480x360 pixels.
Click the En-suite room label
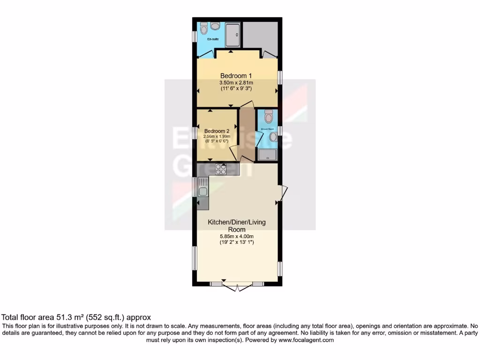coord(214,39)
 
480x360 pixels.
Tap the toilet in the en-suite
coord(203,30)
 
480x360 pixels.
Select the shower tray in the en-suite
coord(233,35)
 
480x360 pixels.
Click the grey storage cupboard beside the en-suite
coord(261,36)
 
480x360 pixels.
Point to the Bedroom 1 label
coord(237,75)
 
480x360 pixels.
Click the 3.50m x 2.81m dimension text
coord(236,83)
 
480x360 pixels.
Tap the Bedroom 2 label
coord(217,131)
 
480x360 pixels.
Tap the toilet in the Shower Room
coord(268,115)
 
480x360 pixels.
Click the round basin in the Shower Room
coord(273,136)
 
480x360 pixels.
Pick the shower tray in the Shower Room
coord(268,154)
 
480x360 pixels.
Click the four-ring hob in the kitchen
coord(220,169)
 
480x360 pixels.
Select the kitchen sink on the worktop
coord(203,190)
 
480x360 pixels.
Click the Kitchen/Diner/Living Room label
coord(237,225)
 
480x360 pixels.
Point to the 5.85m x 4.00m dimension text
coord(237,236)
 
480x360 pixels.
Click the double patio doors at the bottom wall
coord(237,286)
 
